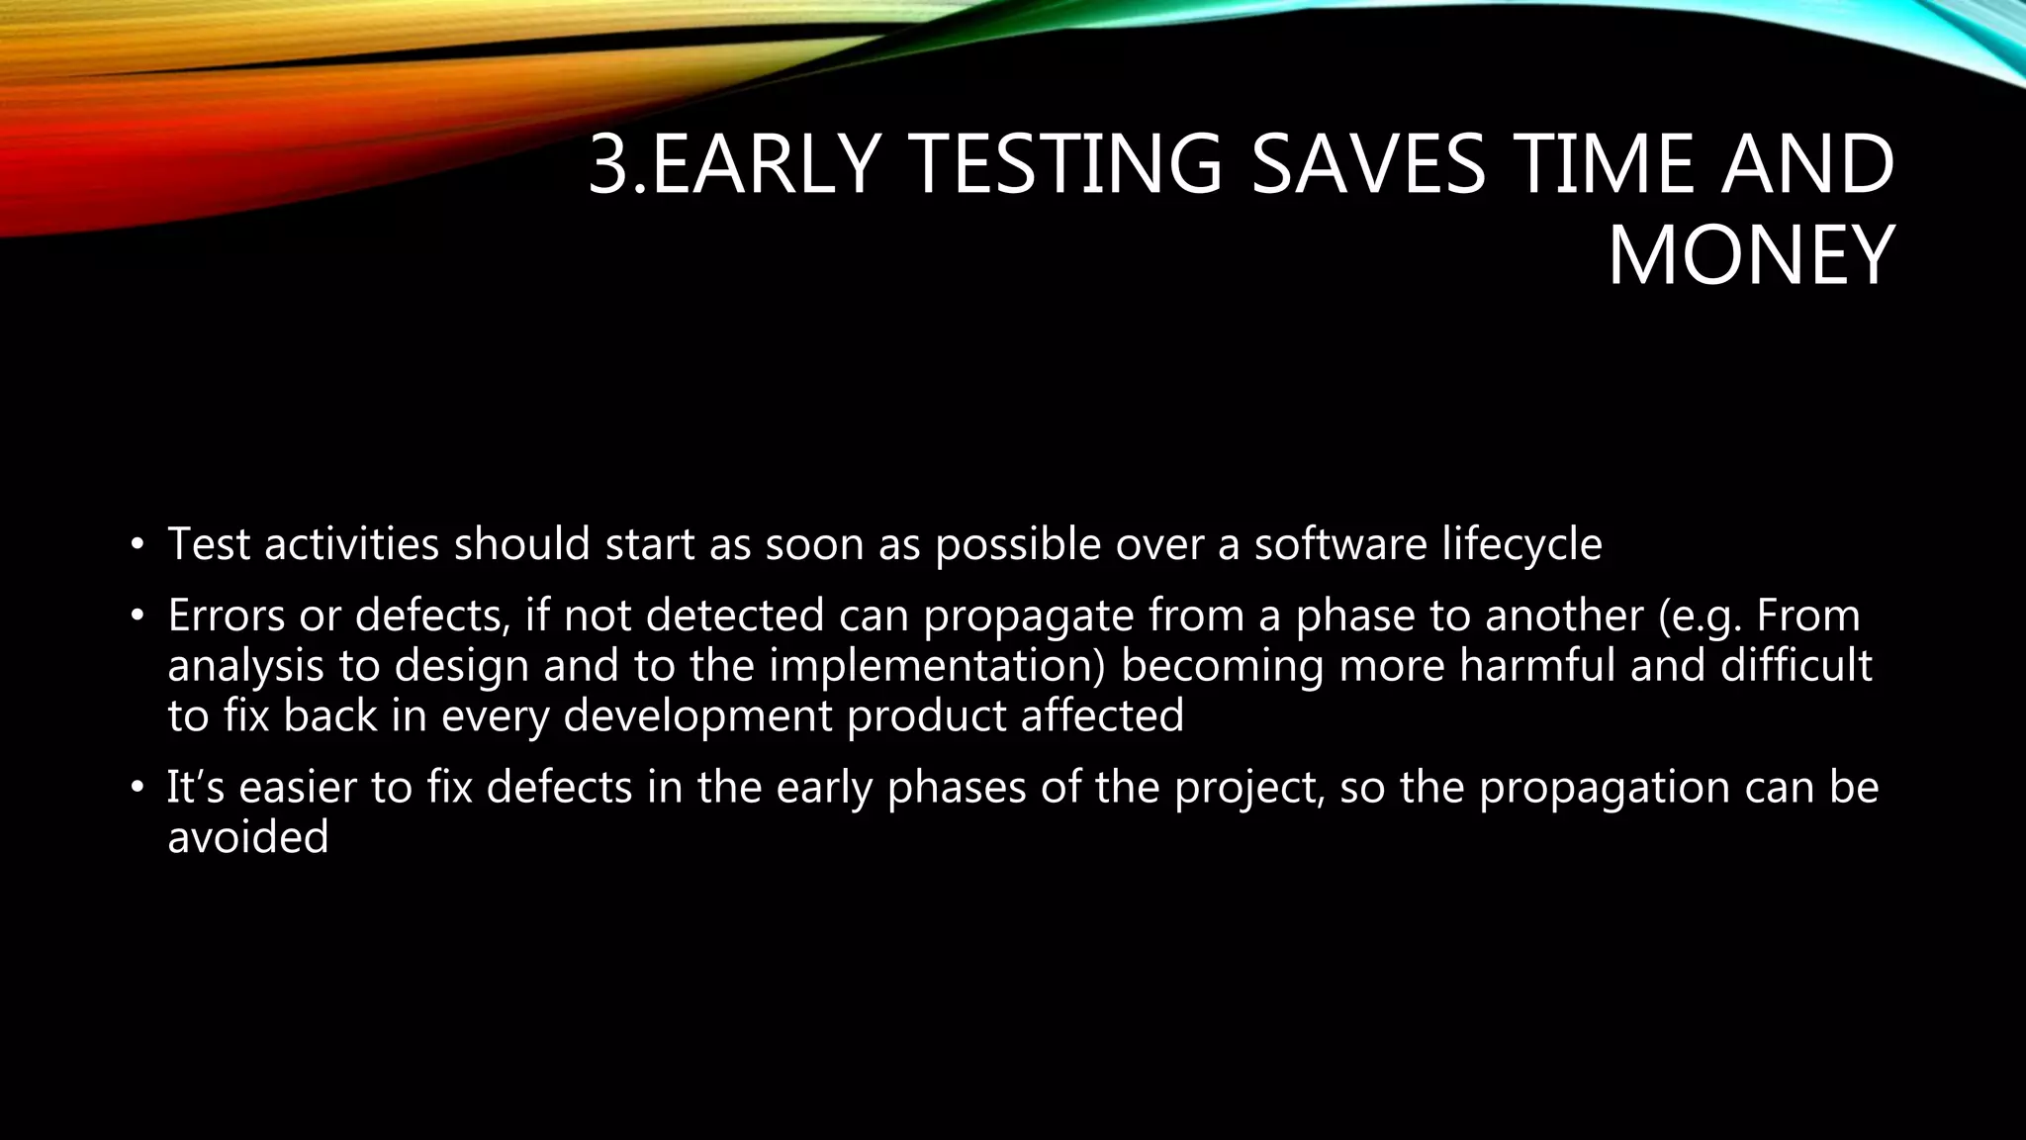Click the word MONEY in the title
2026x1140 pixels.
coord(1750,256)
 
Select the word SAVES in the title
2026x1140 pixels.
coord(1367,164)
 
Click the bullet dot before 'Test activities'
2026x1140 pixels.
coord(138,545)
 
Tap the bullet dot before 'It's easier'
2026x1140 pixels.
coord(138,789)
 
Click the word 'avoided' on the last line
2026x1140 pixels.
coord(248,837)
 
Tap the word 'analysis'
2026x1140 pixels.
coord(245,665)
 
